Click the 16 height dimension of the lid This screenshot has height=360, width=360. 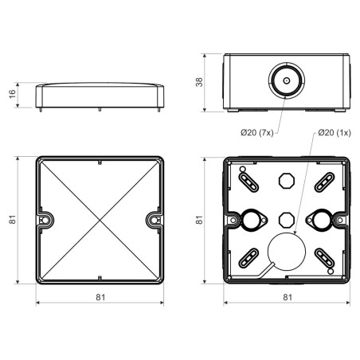(x=12, y=93)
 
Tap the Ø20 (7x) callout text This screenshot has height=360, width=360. (x=257, y=131)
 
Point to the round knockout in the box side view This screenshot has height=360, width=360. (x=284, y=81)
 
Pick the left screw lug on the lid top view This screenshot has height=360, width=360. (x=45, y=219)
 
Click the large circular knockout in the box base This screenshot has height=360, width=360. (x=285, y=252)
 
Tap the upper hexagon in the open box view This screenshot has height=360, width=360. (x=286, y=182)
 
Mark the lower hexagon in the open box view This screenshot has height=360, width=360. (x=286, y=217)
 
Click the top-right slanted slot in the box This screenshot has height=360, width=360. (x=324, y=182)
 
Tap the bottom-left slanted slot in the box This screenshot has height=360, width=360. (x=248, y=257)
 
